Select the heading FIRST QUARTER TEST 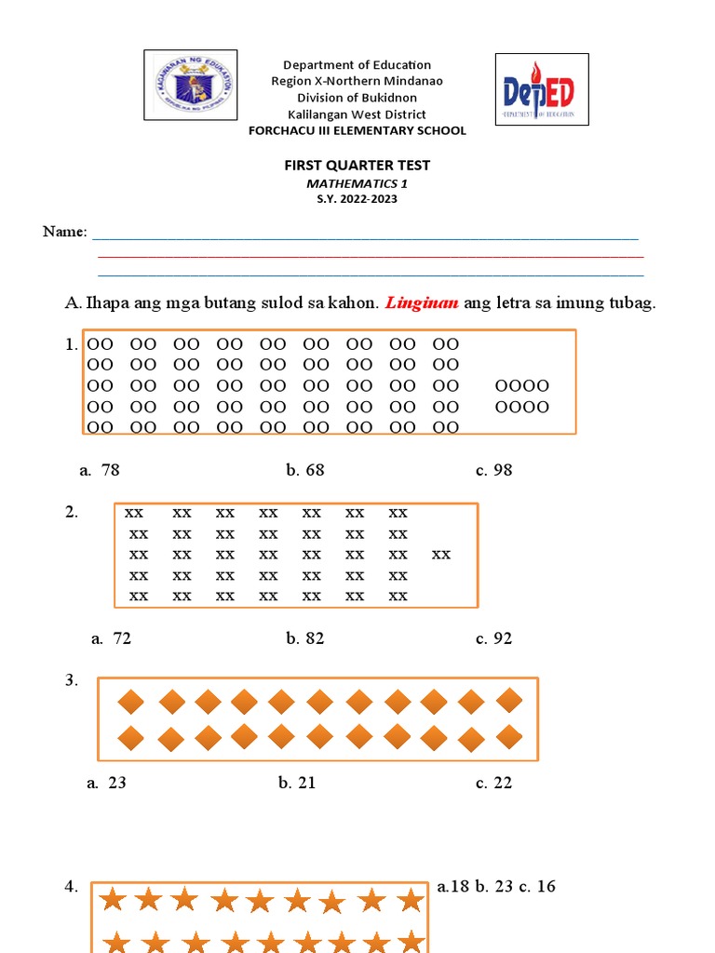pyautogui.click(x=357, y=165)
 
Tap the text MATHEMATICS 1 pyautogui.click(x=357, y=184)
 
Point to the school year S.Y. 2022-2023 pyautogui.click(x=357, y=199)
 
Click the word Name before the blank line pyautogui.click(x=64, y=232)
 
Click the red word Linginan pyautogui.click(x=422, y=303)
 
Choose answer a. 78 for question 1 pyautogui.click(x=100, y=470)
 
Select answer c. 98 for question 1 pyautogui.click(x=493, y=470)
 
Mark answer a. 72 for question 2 pyautogui.click(x=111, y=638)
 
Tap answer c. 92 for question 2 pyautogui.click(x=493, y=638)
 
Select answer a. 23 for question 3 pyautogui.click(x=106, y=783)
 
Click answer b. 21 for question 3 pyautogui.click(x=297, y=783)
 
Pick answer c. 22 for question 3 pyautogui.click(x=493, y=783)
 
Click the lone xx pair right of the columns pyautogui.click(x=441, y=555)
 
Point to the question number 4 pyautogui.click(x=72, y=887)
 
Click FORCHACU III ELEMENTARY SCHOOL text pyautogui.click(x=357, y=130)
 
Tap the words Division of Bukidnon pyautogui.click(x=357, y=98)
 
